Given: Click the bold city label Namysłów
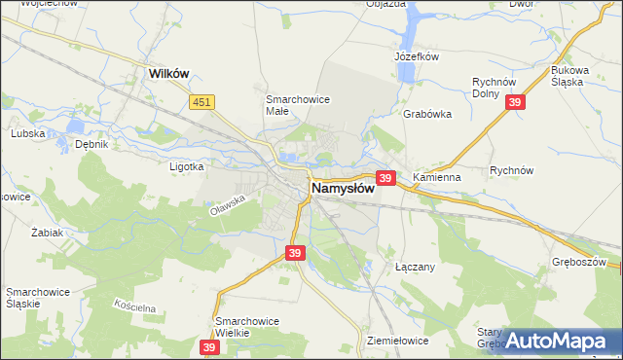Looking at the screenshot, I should point(343,188).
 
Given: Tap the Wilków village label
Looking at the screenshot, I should point(166,73).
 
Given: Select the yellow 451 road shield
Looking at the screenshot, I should point(202,101).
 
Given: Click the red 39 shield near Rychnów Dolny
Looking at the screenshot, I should point(516,103).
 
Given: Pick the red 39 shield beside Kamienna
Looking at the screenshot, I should point(385,178).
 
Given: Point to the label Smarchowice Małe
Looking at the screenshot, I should point(296,104).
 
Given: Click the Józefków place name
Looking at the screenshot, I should point(419,57).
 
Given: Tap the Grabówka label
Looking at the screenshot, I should point(427,114).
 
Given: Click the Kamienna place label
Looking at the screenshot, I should point(435,178).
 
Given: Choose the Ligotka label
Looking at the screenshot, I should point(186,166).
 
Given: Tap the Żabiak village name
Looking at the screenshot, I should point(47,234).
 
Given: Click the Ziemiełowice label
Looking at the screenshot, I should point(398,342).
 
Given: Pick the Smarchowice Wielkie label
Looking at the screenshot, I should point(247,326).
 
